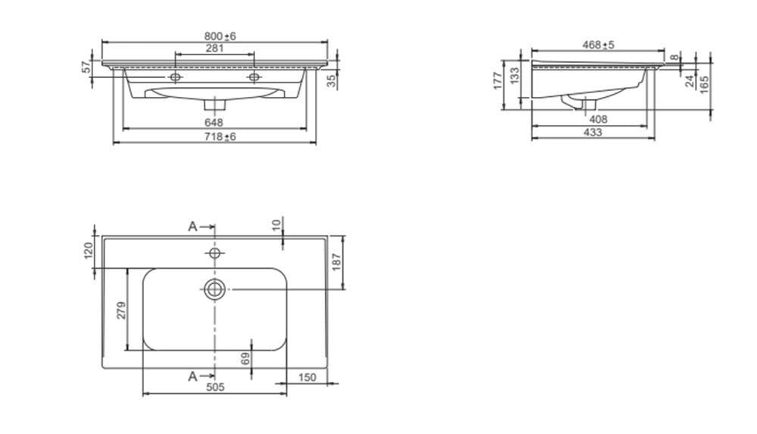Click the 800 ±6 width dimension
coord(220,36)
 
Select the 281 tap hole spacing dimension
coord(214,48)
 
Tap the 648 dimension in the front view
coord(213,123)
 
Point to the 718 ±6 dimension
coord(220,137)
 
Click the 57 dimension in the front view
coord(86,67)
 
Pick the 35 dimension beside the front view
coord(332,81)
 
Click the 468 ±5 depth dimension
coord(598,45)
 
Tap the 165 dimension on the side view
coord(704,85)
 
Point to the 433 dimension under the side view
coord(593,132)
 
